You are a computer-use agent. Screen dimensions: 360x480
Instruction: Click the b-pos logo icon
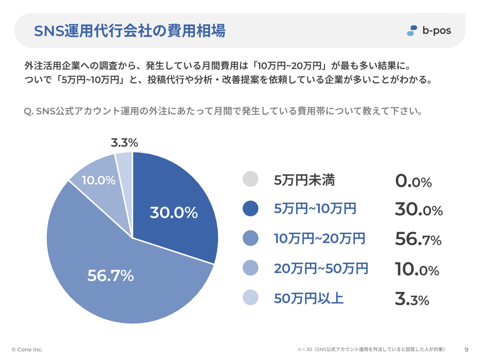coord(412,31)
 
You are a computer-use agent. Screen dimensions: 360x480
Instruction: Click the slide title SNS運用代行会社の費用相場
coord(130,31)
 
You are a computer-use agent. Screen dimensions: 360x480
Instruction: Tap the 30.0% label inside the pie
coord(174,213)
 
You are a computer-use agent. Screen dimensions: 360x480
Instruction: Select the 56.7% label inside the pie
coord(110,276)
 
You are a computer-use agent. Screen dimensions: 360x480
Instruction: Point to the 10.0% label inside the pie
coord(98,180)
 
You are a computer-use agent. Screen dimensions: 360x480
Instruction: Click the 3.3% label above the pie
coord(124,143)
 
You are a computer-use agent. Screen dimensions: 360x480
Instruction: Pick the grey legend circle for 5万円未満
coord(251,179)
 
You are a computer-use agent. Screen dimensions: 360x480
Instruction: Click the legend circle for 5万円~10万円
coord(251,209)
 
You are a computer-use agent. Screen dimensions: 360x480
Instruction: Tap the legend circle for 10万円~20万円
coord(251,238)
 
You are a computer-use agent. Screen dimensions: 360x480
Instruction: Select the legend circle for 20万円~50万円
coord(251,268)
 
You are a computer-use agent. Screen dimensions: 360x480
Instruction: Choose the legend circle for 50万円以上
coord(251,298)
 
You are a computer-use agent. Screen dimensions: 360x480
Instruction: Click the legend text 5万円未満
coord(304,180)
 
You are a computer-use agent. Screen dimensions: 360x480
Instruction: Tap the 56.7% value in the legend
coord(418,239)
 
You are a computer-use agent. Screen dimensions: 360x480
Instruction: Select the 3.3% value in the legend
coord(412,299)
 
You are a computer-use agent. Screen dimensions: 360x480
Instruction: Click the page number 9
coord(466,350)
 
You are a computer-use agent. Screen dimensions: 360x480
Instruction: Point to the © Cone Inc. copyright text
coord(27,350)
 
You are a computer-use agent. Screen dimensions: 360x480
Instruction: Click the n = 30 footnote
coord(371,349)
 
